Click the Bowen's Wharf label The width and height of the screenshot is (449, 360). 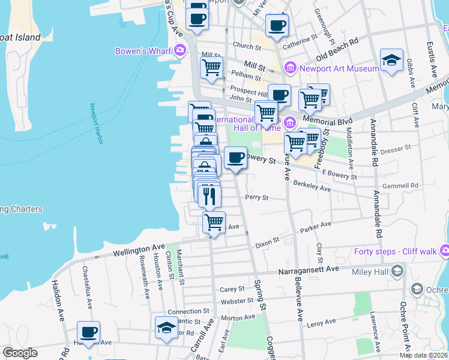point(144,50)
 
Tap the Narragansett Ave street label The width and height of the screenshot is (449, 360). point(308,269)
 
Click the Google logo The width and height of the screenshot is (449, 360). point(20,352)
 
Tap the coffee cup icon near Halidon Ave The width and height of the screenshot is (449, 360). point(89,332)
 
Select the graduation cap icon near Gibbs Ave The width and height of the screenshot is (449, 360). point(391,60)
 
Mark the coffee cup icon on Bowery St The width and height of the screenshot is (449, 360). point(235,158)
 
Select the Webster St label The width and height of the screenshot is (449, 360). point(237,301)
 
